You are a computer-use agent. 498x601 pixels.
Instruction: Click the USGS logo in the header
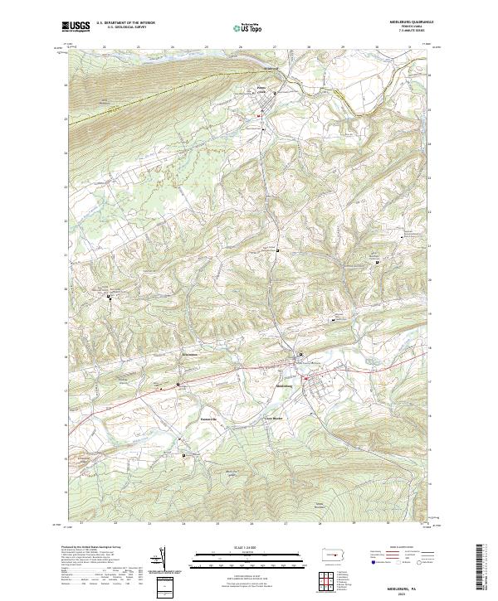pos(76,27)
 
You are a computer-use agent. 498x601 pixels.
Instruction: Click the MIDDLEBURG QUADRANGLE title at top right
pos(406,23)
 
